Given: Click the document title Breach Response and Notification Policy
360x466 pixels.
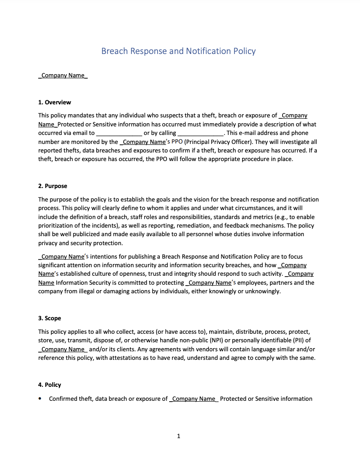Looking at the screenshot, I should tap(178, 51).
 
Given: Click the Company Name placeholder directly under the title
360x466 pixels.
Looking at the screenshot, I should tap(63, 75).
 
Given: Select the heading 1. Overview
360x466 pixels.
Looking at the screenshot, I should tap(54, 102).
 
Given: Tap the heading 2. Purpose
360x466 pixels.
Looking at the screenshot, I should tap(53, 186).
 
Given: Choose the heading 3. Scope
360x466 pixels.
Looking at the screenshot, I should tap(49, 318).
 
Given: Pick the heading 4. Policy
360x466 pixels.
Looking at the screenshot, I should tap(49, 385).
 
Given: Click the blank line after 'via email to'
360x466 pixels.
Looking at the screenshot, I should tap(119, 133).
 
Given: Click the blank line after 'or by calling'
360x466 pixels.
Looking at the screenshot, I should tap(201, 133).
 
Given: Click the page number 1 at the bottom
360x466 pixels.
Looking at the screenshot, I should tap(179, 436).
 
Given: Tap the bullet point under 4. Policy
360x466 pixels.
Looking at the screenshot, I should tap(40, 399).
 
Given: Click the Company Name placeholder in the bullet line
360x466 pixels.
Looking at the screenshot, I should tap(193, 399).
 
